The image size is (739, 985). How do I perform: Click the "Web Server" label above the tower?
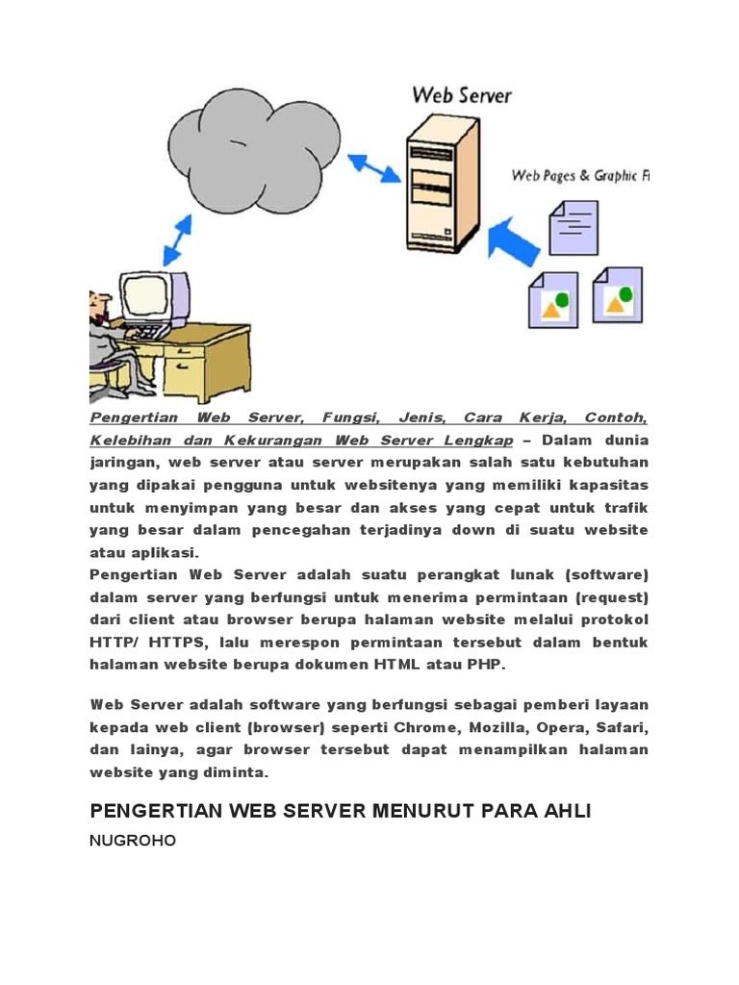pos(462,95)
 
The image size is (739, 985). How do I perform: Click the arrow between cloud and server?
pos(374,167)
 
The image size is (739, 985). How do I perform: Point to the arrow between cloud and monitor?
pos(176,239)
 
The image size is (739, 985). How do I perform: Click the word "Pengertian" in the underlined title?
pos(130,418)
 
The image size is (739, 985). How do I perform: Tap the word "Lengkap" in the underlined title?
pos(477,441)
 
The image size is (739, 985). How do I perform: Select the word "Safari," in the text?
pos(622,727)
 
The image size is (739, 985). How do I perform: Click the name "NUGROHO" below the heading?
pos(133,842)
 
